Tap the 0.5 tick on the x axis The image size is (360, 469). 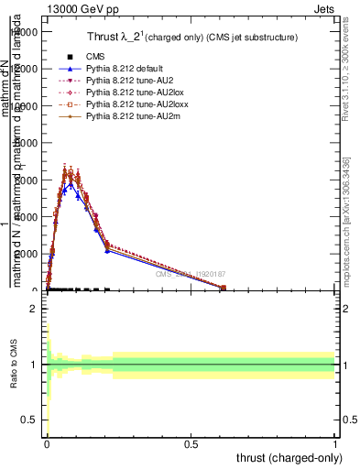point(191,445)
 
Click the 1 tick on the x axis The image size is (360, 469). point(334,445)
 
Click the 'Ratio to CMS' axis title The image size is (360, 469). point(14,379)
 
